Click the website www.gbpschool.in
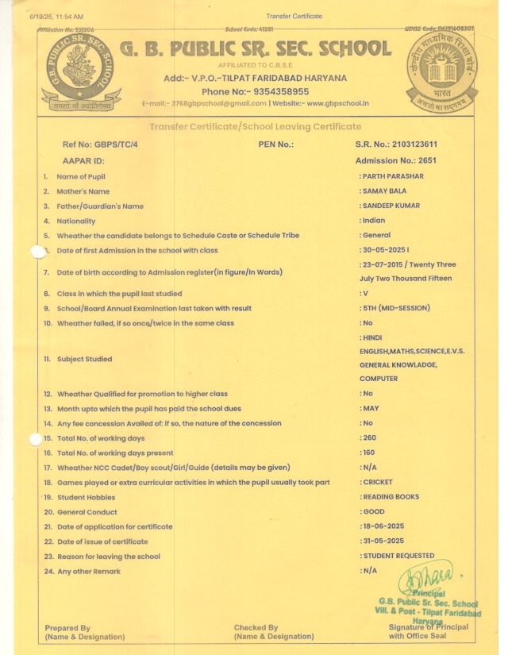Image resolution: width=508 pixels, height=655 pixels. click(x=337, y=103)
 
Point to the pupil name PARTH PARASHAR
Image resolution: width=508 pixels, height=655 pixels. click(x=393, y=176)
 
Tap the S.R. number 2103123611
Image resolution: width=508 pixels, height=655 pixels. click(x=430, y=144)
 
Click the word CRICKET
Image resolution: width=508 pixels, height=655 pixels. click(x=378, y=482)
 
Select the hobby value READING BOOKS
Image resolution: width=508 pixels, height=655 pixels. click(x=391, y=497)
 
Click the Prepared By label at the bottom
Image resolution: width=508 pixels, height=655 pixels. click(x=67, y=628)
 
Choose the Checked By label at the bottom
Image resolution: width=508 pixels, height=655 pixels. click(x=256, y=628)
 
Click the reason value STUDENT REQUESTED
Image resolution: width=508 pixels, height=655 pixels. click(x=398, y=556)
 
